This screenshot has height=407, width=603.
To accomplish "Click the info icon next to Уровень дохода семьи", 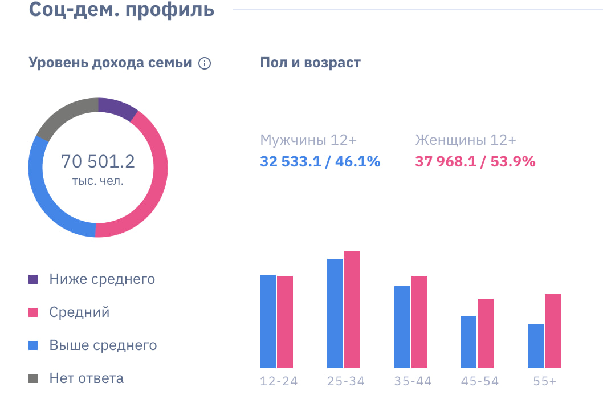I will [x=205, y=63].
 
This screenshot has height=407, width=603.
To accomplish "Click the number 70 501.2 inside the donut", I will [x=98, y=162].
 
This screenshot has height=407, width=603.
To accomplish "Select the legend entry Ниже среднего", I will [x=101, y=279].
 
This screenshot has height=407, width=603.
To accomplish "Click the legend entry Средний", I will [x=79, y=312].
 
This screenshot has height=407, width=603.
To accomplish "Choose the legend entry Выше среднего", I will [x=103, y=345].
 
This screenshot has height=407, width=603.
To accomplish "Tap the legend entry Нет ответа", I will [x=86, y=378].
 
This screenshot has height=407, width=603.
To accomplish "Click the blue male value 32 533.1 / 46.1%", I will [x=320, y=162].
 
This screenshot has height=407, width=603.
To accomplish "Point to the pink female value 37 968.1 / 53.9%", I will [x=475, y=162].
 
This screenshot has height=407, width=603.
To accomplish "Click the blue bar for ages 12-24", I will [x=268, y=321].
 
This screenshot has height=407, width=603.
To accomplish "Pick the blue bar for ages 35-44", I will [x=402, y=327].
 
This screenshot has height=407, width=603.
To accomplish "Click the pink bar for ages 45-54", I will [x=486, y=333].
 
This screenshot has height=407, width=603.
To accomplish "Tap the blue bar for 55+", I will [x=536, y=346].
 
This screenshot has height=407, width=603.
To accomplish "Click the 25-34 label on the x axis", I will [x=345, y=381].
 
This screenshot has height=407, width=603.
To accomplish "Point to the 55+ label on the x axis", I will [x=544, y=381].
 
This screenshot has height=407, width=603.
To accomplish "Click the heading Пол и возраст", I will [x=310, y=63].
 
